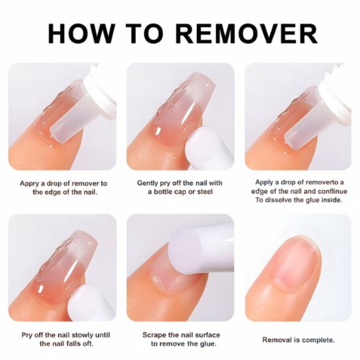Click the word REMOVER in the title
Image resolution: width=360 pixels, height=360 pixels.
[x=247, y=34]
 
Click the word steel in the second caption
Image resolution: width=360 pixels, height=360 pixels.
[x=205, y=191]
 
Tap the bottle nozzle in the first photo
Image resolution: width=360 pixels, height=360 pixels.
[x=66, y=122]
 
